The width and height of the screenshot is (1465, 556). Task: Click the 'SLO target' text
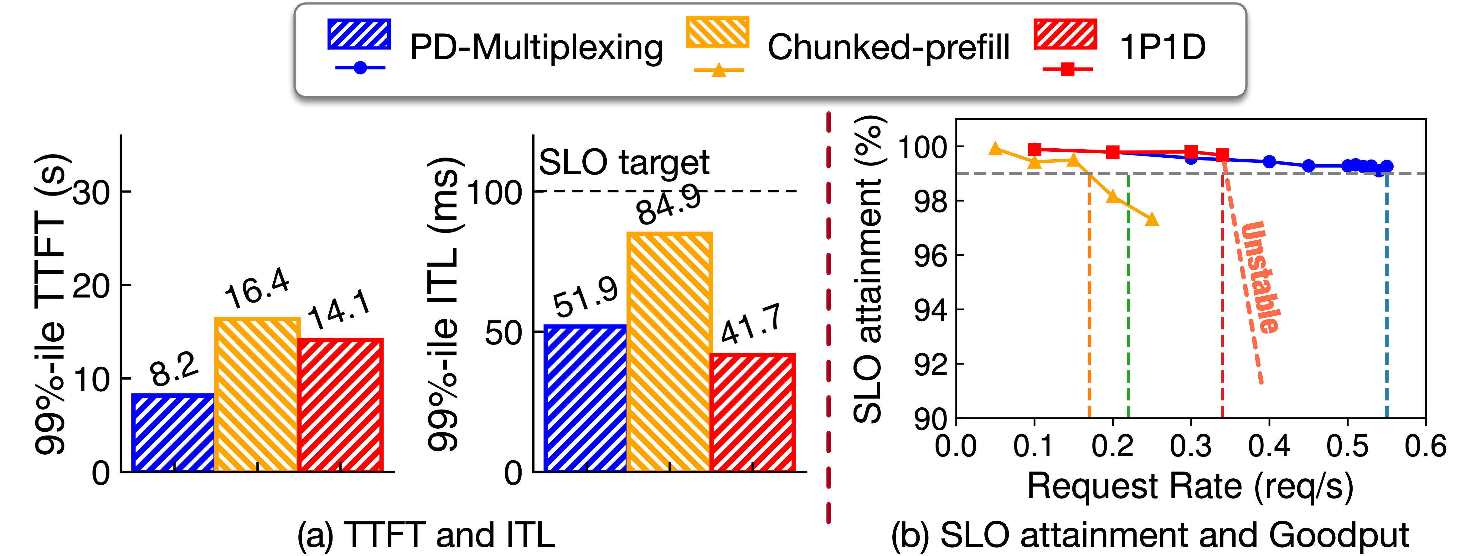[624, 163]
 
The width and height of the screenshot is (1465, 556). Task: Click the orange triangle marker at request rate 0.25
[1152, 219]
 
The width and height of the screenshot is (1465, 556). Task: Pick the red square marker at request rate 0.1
[1035, 150]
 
